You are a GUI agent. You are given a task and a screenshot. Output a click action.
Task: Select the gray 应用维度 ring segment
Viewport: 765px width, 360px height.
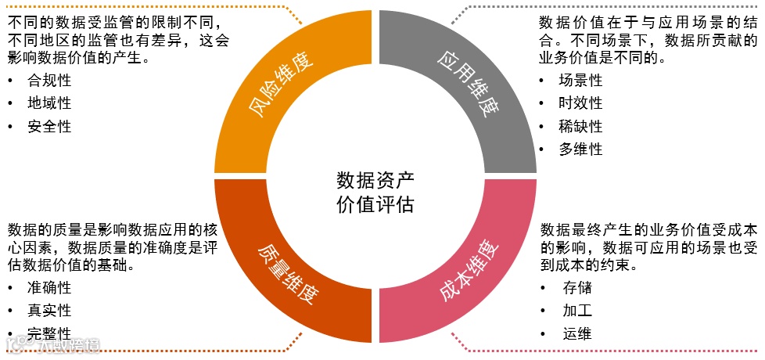(501, 117)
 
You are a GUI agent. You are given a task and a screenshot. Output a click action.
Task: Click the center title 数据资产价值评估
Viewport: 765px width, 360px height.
(375, 192)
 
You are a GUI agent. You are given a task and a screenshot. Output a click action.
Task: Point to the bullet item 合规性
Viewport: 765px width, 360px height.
(49, 81)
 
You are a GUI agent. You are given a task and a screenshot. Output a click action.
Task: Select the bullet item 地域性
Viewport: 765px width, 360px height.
(49, 103)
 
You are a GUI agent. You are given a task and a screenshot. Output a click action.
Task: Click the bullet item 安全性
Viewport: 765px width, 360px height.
(49, 125)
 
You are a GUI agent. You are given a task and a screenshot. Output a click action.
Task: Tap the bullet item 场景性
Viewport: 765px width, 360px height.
(580, 81)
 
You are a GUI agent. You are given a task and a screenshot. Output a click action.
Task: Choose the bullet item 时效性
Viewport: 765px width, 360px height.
(580, 103)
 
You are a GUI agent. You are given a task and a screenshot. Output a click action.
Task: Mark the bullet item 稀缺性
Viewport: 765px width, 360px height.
(580, 126)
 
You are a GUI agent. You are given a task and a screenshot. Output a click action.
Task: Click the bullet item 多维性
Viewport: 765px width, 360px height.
(580, 149)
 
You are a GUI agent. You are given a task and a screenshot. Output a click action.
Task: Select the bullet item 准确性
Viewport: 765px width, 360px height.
(49, 287)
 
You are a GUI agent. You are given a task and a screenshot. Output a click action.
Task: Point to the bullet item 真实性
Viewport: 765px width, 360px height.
(49, 311)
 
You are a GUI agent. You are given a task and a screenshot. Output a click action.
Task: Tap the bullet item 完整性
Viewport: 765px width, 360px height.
(49, 333)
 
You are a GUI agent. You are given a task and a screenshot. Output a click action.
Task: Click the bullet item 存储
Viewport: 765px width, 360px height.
(577, 287)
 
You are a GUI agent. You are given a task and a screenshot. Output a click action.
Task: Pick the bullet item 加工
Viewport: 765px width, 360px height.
(577, 311)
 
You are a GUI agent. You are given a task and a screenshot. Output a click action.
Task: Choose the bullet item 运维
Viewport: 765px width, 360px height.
(577, 333)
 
